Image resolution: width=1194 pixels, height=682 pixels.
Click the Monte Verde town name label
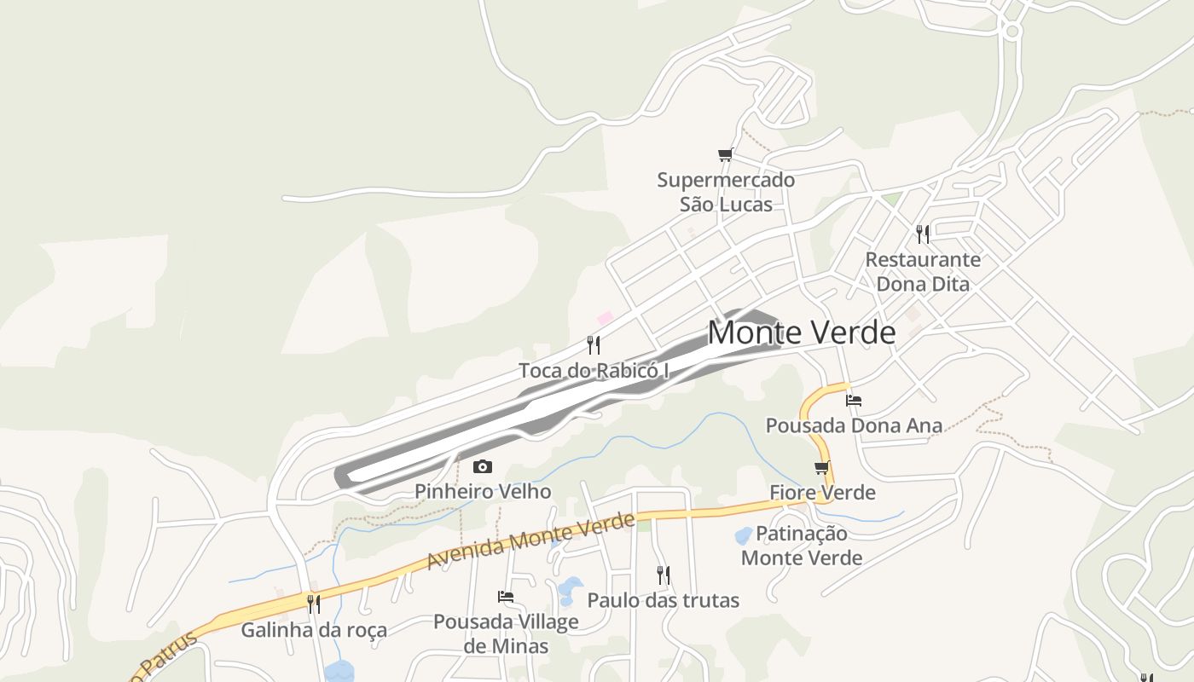802,332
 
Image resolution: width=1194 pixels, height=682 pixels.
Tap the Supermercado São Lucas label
726,192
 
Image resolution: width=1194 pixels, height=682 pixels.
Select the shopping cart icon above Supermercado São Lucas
725,154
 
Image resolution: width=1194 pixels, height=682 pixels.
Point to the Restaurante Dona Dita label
923,271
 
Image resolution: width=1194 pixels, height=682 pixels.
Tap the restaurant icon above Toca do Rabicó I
594,344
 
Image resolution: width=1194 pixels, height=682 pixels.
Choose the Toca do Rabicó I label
594,371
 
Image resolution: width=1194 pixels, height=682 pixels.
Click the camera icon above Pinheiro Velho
483,466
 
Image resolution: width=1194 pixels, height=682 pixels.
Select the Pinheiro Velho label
483,492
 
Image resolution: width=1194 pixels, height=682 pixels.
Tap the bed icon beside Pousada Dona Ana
854,400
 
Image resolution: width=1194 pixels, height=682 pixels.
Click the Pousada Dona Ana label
854,425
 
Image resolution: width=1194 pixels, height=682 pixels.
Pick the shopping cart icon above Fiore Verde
822,467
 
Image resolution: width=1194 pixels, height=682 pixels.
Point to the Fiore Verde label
822,493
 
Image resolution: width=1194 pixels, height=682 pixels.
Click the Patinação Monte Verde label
802,546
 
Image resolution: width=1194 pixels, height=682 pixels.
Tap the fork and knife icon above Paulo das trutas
664,575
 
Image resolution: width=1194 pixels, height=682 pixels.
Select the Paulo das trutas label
664,600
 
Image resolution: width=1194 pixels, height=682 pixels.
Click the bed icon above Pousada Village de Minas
506,597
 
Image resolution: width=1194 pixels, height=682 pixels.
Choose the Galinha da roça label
314,630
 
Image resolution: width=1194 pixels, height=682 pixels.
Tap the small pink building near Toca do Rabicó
605,318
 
